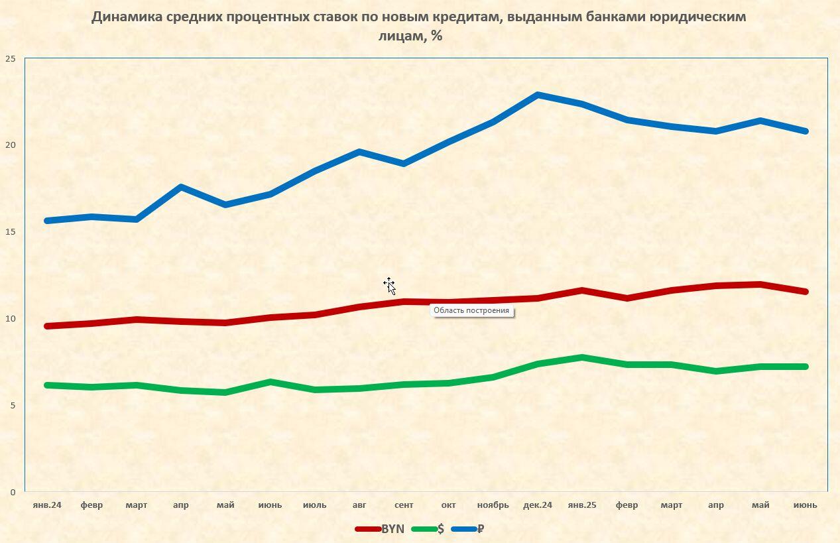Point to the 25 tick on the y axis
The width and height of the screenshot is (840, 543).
click(x=10, y=58)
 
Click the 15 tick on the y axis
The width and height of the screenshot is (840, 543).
click(x=10, y=231)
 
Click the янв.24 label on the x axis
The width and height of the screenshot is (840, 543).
click(x=47, y=505)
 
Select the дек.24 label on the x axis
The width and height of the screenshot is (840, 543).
click(x=537, y=505)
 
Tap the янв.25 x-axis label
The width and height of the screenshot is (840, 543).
click(x=582, y=505)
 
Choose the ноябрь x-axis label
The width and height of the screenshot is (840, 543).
click(x=493, y=505)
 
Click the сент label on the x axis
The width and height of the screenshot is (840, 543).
click(x=404, y=505)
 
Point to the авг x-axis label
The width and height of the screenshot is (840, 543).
click(x=359, y=505)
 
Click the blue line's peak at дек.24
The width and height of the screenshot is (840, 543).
click(x=538, y=95)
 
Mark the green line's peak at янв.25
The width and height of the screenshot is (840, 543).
click(x=582, y=357)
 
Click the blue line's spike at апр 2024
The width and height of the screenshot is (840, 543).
click(x=181, y=187)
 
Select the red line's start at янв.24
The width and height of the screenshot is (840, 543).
click(x=47, y=326)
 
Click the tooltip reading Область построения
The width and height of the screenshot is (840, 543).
click(x=471, y=310)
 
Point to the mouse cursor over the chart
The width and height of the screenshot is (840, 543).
click(x=390, y=286)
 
